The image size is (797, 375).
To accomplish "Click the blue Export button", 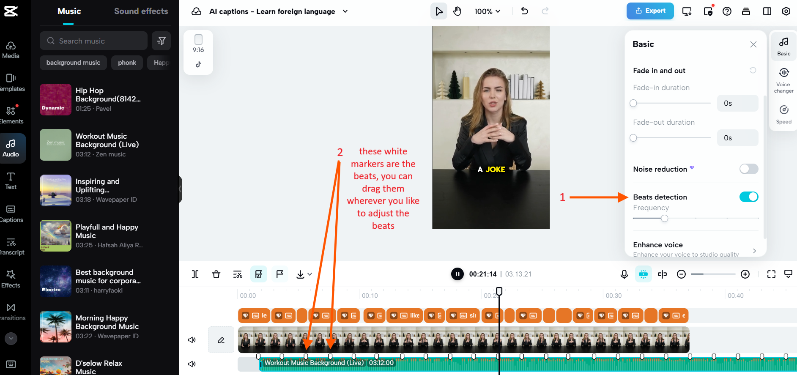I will (650, 11).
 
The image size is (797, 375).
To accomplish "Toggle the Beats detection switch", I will (748, 197).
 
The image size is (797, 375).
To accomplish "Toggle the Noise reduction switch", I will (748, 169).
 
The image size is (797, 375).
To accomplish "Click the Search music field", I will (94, 41).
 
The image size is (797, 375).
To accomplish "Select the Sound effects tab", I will (141, 11).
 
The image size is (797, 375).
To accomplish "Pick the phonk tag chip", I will (127, 63).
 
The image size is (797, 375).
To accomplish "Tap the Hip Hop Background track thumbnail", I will (55, 99).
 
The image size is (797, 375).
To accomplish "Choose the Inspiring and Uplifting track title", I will (98, 186).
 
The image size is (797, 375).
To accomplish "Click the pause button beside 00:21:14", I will (457, 274).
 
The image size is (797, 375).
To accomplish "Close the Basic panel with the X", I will (753, 44).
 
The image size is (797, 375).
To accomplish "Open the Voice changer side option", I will (783, 80).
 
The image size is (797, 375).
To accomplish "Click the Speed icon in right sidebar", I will (783, 114).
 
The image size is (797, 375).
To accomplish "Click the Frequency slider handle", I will (664, 219).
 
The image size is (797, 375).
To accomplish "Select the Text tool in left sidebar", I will (11, 181).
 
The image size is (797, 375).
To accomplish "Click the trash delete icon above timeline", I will (216, 274).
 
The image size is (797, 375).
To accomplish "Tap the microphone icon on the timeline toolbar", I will (624, 274).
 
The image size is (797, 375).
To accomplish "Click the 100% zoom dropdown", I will (487, 11).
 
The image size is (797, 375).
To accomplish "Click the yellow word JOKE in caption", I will (495, 170).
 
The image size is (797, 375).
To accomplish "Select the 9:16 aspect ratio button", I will (198, 44).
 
